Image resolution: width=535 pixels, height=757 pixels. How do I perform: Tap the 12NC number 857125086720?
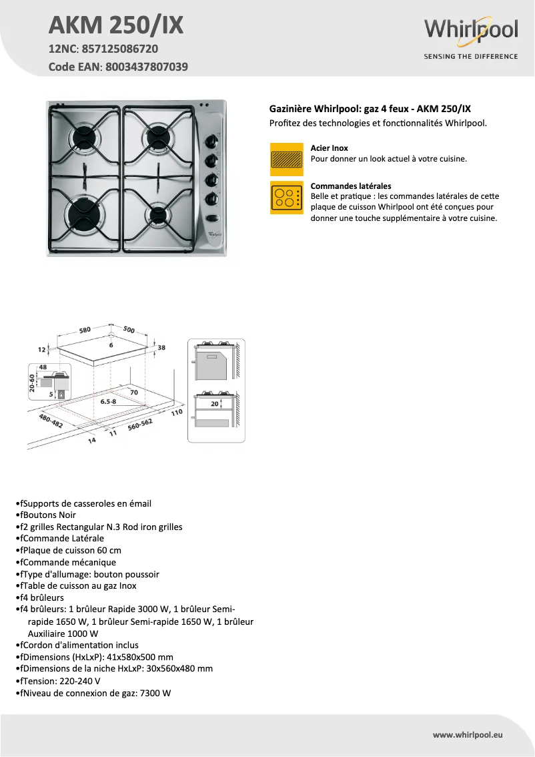pyautogui.click(x=121, y=49)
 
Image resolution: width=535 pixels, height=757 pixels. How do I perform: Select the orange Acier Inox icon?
pyautogui.click(x=286, y=159)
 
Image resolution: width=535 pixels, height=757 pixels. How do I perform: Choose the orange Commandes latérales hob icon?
pyautogui.click(x=286, y=198)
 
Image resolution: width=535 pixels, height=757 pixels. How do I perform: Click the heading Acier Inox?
pyautogui.click(x=330, y=148)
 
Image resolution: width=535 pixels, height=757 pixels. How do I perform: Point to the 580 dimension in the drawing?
pyautogui.click(x=85, y=330)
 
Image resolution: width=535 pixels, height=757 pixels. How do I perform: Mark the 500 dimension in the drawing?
pyautogui.click(x=129, y=330)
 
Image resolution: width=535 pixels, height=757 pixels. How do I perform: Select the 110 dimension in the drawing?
pyautogui.click(x=176, y=413)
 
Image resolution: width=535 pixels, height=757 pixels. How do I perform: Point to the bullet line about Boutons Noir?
pyautogui.click(x=47, y=515)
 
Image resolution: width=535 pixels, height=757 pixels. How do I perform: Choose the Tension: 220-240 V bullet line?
pyautogui.click(x=60, y=681)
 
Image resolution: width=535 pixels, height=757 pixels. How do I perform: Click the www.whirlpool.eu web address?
pyautogui.click(x=467, y=734)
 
